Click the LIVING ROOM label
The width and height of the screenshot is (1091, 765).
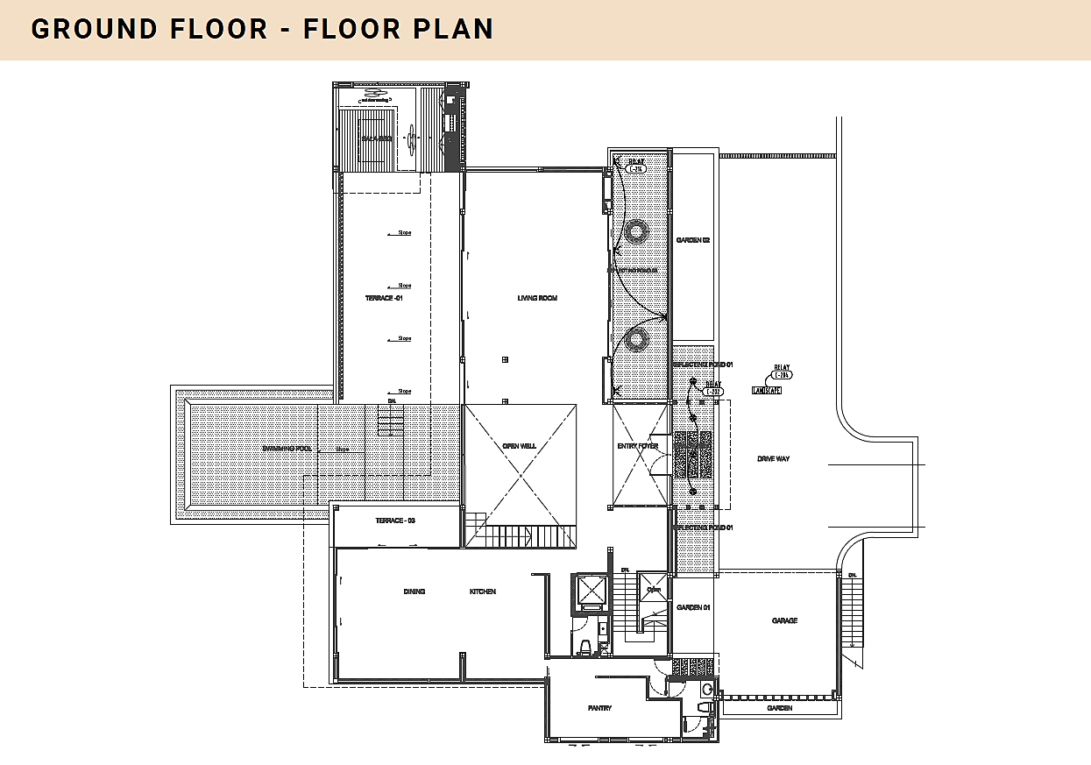(x=537, y=299)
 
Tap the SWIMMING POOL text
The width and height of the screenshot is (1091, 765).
(x=287, y=449)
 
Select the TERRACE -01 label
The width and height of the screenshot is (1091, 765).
(x=383, y=299)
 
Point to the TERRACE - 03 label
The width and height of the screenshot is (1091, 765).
(x=394, y=521)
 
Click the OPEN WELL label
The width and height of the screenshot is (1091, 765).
(x=519, y=446)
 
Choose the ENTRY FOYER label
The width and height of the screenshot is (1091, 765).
(x=637, y=446)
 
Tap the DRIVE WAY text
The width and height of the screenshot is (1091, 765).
(x=773, y=458)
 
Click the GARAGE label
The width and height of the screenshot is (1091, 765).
(x=784, y=620)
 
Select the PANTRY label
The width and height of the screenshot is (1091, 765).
(x=599, y=708)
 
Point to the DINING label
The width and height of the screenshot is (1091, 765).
(x=414, y=591)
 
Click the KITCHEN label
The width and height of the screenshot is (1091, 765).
(x=482, y=591)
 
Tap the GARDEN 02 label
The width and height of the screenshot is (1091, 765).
(x=692, y=240)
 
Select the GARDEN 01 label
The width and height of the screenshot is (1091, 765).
(x=691, y=607)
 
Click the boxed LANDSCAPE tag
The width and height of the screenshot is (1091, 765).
(x=766, y=390)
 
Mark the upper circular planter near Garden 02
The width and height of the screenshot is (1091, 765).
(x=635, y=231)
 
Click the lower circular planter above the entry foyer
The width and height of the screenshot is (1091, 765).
(x=635, y=339)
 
